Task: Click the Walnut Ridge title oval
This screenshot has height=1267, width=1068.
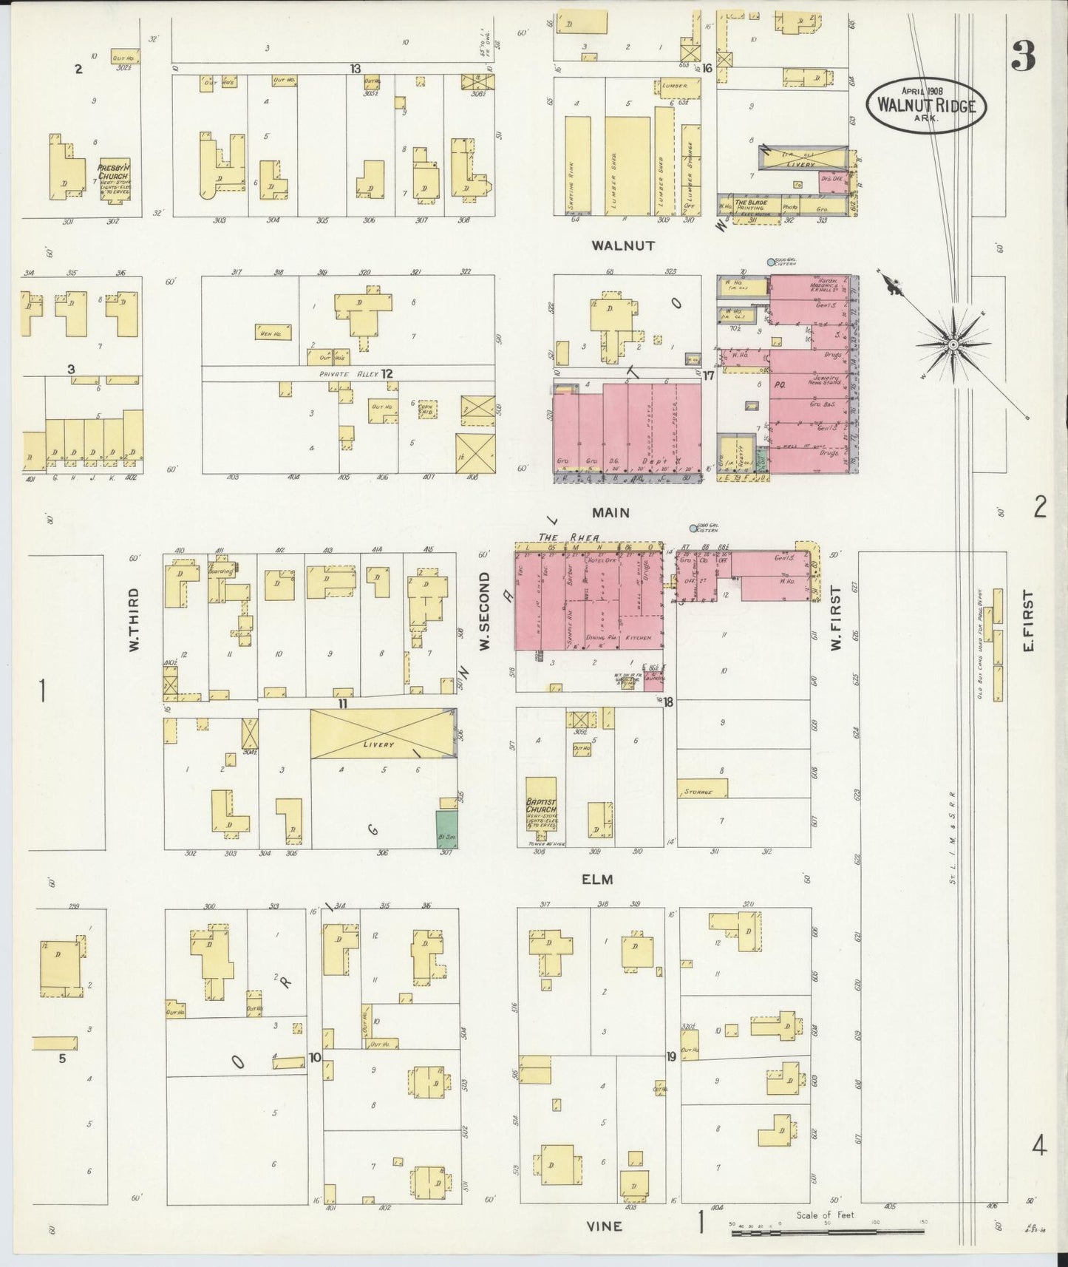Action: click(926, 106)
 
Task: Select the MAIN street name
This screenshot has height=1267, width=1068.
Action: click(610, 512)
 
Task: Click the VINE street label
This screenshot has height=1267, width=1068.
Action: click(605, 1226)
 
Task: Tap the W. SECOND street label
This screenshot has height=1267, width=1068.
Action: click(485, 611)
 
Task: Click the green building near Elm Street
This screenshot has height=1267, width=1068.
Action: click(446, 829)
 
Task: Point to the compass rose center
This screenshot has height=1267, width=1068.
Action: click(953, 344)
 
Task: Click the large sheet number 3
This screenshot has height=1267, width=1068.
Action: click(1023, 55)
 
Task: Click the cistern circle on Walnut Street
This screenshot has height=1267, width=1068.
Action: click(771, 262)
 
